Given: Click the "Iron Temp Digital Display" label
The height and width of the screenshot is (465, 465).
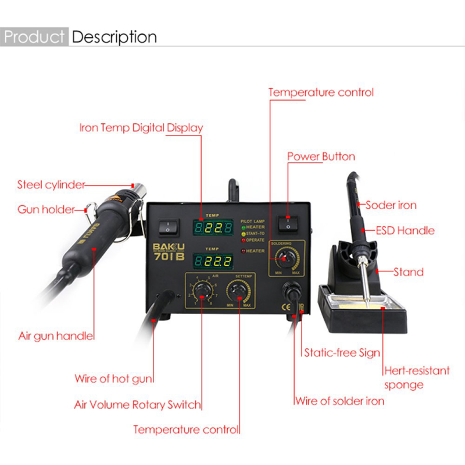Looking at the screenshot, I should (x=141, y=128).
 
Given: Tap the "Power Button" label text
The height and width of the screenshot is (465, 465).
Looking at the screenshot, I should (x=321, y=156).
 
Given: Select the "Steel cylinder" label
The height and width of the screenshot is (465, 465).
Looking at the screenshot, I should (x=51, y=185).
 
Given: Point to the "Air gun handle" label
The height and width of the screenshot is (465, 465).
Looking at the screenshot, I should (x=56, y=336).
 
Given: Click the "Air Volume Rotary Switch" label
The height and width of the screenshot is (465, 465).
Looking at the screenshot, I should (x=137, y=405).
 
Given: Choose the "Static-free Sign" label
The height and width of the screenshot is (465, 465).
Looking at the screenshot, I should (x=342, y=352).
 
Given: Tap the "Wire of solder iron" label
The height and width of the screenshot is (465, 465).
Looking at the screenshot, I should (x=339, y=400).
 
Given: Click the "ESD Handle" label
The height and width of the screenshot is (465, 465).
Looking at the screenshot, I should (x=405, y=230).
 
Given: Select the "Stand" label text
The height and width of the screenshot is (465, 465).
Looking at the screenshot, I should (x=408, y=271).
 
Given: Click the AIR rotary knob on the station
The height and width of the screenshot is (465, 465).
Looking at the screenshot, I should (x=202, y=289).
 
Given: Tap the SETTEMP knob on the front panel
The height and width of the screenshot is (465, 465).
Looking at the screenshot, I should (x=238, y=289).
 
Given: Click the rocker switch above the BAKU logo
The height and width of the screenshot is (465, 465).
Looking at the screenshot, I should (x=168, y=226).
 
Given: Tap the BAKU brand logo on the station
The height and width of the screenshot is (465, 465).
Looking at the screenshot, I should (x=167, y=245).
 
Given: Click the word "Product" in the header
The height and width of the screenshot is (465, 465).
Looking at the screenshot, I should (x=34, y=37).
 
